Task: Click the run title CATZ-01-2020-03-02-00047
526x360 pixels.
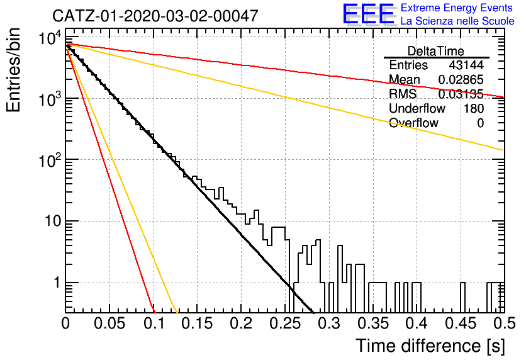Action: (155, 16)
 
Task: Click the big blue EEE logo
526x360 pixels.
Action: (369, 14)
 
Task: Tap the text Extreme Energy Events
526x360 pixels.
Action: (457, 8)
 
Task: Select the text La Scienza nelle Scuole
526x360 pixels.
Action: (457, 21)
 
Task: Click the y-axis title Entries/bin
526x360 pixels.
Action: (13, 70)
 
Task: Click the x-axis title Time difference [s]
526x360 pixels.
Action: (430, 346)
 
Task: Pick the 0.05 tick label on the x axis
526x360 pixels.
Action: (109, 323)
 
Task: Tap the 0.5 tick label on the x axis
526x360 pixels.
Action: (505, 323)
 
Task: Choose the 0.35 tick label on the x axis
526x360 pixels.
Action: (372, 323)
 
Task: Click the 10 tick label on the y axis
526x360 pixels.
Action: (53, 222)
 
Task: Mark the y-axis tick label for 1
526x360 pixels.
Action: (57, 283)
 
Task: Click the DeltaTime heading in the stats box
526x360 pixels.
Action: (436, 51)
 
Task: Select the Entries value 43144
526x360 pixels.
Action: (466, 65)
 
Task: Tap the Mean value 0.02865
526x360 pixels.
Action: (461, 79)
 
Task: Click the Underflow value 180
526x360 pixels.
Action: (474, 108)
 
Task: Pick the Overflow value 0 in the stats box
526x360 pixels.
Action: (480, 123)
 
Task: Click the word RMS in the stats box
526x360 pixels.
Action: (403, 94)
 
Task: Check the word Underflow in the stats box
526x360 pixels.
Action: (417, 108)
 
